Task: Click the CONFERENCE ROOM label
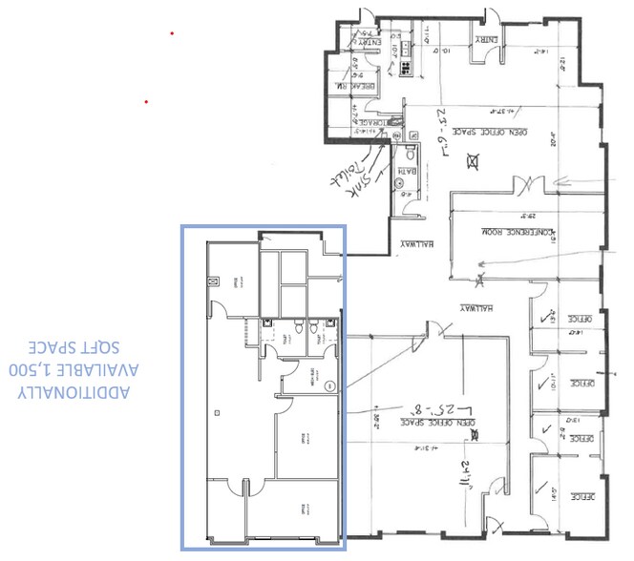click(x=508, y=232)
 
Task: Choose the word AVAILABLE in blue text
click(x=92, y=369)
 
